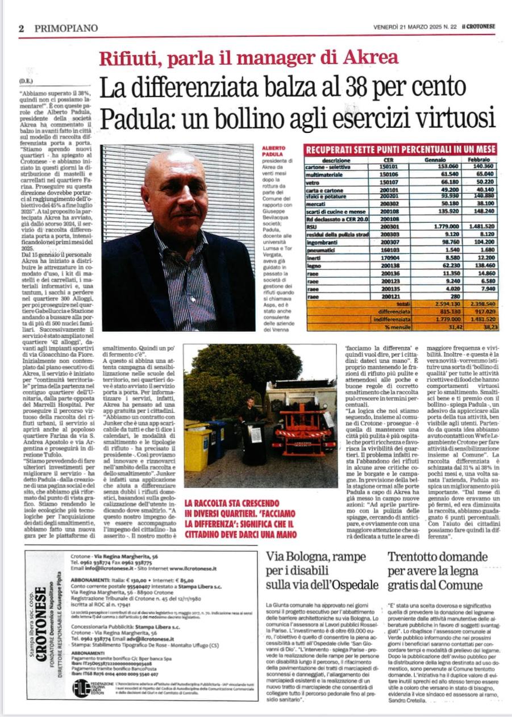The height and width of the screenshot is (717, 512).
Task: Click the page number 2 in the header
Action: pos(20,28)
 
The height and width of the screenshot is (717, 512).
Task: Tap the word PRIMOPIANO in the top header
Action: pos(66,28)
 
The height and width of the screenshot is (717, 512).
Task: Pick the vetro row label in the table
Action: pos(313,181)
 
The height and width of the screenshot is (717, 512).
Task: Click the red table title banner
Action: pos(401,149)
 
